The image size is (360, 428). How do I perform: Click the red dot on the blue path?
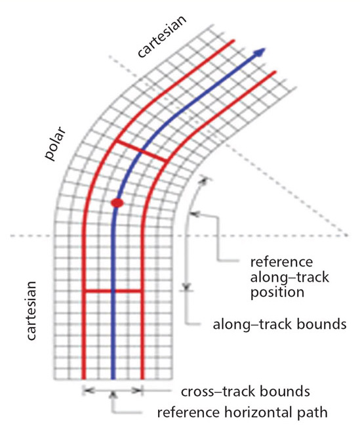(x=117, y=203)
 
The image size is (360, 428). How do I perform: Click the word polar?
(x=55, y=144)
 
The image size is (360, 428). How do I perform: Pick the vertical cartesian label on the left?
(x=31, y=310)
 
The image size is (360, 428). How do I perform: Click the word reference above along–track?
(x=281, y=262)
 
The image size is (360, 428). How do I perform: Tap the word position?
(x=277, y=292)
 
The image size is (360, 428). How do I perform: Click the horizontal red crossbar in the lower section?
(x=113, y=291)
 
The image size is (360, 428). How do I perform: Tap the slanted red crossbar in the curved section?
(x=142, y=151)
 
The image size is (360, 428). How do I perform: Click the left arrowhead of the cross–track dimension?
(x=88, y=391)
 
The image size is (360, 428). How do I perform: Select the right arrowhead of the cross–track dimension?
(x=137, y=391)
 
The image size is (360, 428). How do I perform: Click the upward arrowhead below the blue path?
(x=113, y=395)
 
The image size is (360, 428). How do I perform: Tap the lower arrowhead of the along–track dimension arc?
(x=186, y=287)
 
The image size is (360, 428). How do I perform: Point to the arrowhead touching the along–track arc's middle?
(x=194, y=214)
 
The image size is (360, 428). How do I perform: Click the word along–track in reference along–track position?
(x=290, y=277)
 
